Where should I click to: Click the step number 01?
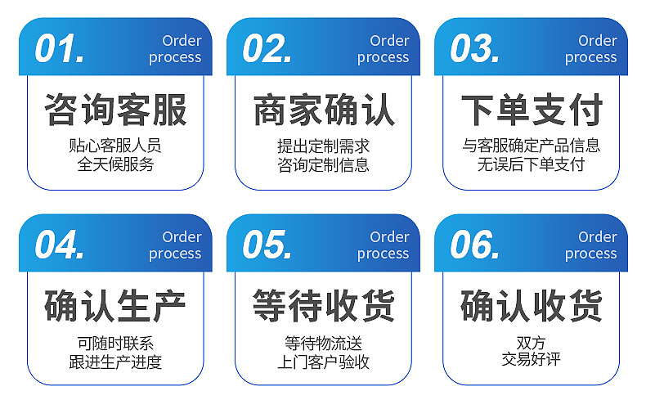pyautogui.click(x=59, y=49)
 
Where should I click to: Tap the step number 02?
pyautogui.click(x=267, y=49)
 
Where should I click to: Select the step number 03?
pyautogui.click(x=475, y=49)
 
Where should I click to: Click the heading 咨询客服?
pyautogui.click(x=115, y=111)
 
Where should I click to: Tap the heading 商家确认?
pyautogui.click(x=324, y=111)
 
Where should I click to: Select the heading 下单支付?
pyautogui.click(x=532, y=111)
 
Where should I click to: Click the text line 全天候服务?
pyautogui.click(x=115, y=164)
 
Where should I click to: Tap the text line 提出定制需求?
pyautogui.click(x=324, y=146)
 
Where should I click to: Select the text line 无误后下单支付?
pyautogui.click(x=532, y=164)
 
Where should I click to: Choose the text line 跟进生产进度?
pyautogui.click(x=115, y=361)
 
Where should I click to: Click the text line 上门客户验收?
pyautogui.click(x=324, y=361)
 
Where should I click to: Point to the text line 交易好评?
pyautogui.click(x=532, y=359)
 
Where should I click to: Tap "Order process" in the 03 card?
pyautogui.click(x=590, y=49)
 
